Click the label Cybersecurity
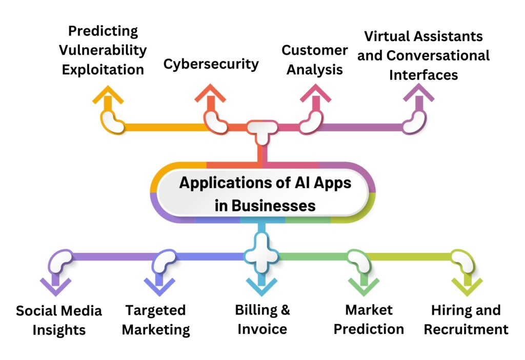pyautogui.click(x=211, y=64)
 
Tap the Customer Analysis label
pyautogui.click(x=314, y=60)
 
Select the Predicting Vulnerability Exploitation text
pyautogui.click(x=103, y=50)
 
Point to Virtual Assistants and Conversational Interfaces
pyautogui.click(x=423, y=55)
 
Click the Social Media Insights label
pyautogui.click(x=59, y=320)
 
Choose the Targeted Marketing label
pyautogui.click(x=156, y=320)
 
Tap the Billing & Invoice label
pyautogui.click(x=262, y=319)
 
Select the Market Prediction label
pyautogui.click(x=369, y=319)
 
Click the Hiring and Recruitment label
pyautogui.click(x=466, y=319)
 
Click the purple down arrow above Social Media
pyautogui.click(x=56, y=285)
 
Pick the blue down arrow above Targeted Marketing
pyautogui.click(x=159, y=285)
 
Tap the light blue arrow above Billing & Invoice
pyautogui.click(x=261, y=285)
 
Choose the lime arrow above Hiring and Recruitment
pyautogui.click(x=467, y=285)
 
